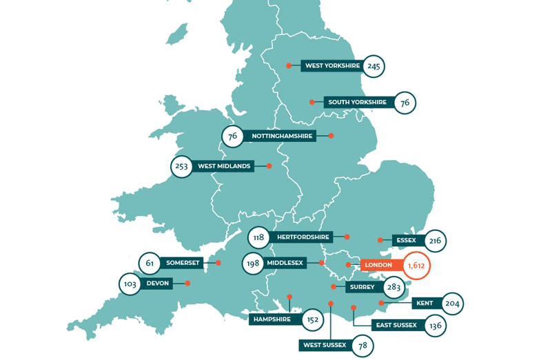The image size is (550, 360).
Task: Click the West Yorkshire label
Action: [332, 66]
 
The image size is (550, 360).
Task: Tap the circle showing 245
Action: [374, 66]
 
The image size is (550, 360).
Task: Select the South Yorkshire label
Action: [357, 102]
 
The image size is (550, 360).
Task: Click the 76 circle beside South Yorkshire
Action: [405, 103]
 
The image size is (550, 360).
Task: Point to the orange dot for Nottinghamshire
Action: [331, 136]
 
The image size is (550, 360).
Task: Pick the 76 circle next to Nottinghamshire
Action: [233, 136]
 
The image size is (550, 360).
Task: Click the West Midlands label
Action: [223, 166]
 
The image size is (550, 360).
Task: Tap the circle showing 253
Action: [182, 166]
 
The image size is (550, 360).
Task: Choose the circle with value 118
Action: [258, 238]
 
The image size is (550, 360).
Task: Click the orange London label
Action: [378, 265]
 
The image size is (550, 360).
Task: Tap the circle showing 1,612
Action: [415, 265]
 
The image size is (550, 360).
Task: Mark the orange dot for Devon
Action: [187, 283]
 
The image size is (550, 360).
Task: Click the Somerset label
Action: [182, 263]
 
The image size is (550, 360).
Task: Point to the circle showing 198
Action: [253, 263]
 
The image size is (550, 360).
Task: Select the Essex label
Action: [407, 240]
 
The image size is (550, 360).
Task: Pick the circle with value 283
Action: [394, 288]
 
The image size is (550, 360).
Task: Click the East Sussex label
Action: [395, 325]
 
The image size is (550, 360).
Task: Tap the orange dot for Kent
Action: [381, 303]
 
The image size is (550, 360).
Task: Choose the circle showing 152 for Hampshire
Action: [313, 319]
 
